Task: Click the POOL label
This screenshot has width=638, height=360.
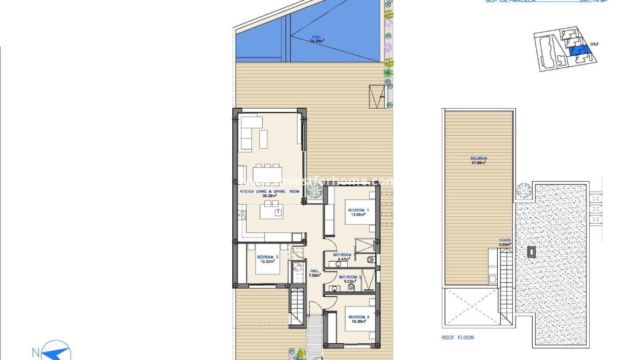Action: click(317, 37)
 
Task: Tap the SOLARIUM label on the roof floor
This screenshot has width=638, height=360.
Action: click(478, 158)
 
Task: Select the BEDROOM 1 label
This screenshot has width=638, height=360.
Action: click(359, 210)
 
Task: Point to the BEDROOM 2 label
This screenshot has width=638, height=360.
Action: click(359, 317)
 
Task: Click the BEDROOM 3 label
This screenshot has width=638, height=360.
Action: click(268, 257)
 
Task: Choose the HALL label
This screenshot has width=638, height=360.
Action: click(314, 271)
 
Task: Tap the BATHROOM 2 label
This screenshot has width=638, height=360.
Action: click(351, 277)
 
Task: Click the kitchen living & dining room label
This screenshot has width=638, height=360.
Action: click(270, 191)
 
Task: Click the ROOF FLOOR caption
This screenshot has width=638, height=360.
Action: click(458, 338)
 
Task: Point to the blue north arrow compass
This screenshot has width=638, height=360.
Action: click(57, 351)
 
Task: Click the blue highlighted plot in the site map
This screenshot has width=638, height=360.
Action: click(576, 51)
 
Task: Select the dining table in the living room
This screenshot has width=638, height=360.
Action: click(268, 171)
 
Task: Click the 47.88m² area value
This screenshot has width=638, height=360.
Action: click(478, 163)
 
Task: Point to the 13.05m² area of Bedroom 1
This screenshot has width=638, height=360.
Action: click(359, 215)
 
